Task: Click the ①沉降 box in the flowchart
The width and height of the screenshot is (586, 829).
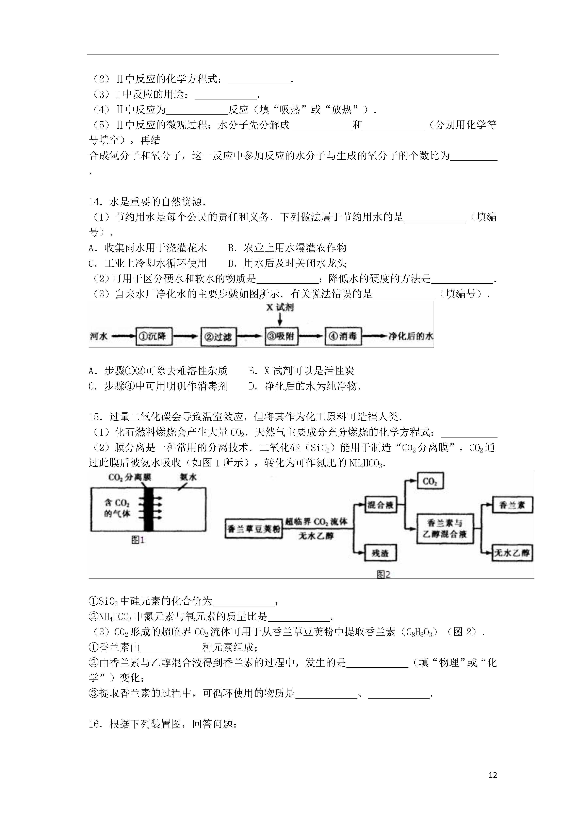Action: [x=154, y=336]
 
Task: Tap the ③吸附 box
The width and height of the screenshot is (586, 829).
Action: [x=281, y=336]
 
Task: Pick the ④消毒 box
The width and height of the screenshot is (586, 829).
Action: [x=343, y=336]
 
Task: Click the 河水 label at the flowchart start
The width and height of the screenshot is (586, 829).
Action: [x=99, y=336]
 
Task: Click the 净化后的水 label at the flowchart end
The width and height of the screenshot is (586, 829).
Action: [x=410, y=336]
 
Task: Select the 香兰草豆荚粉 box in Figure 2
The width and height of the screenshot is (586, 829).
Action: [x=254, y=529]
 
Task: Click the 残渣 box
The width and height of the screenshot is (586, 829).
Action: [x=380, y=553]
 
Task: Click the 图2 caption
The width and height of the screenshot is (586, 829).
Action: [x=384, y=574]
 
